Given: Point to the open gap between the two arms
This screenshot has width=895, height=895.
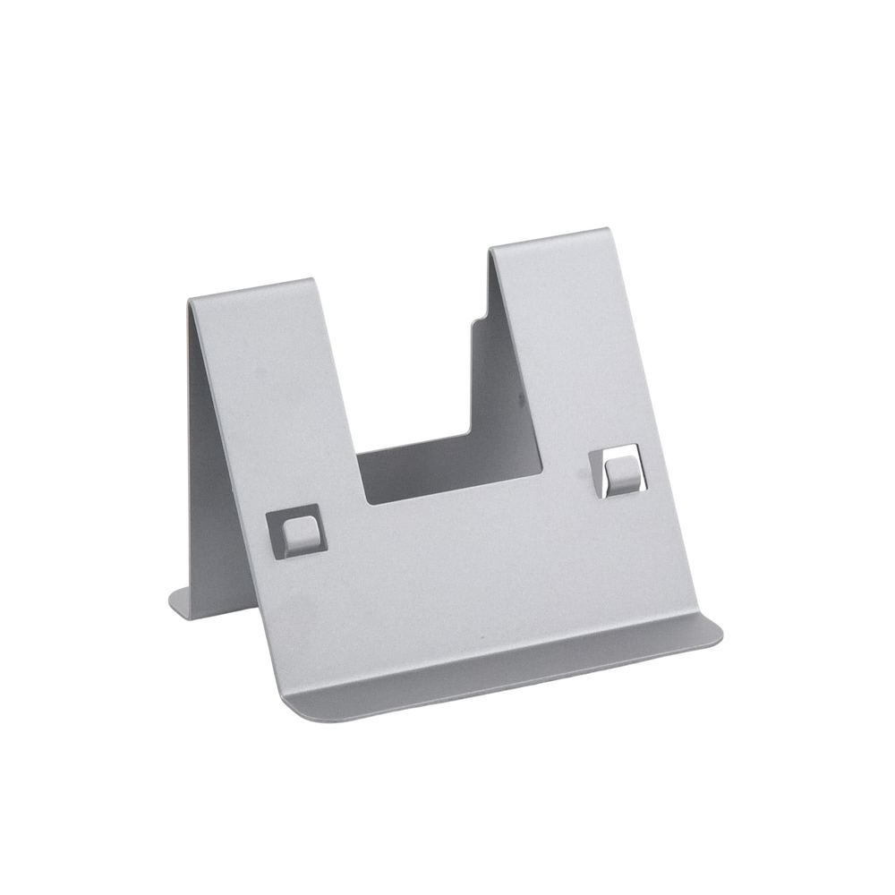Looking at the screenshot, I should tap(416, 358).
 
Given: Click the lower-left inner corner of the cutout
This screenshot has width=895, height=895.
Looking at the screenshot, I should tap(367, 503).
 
